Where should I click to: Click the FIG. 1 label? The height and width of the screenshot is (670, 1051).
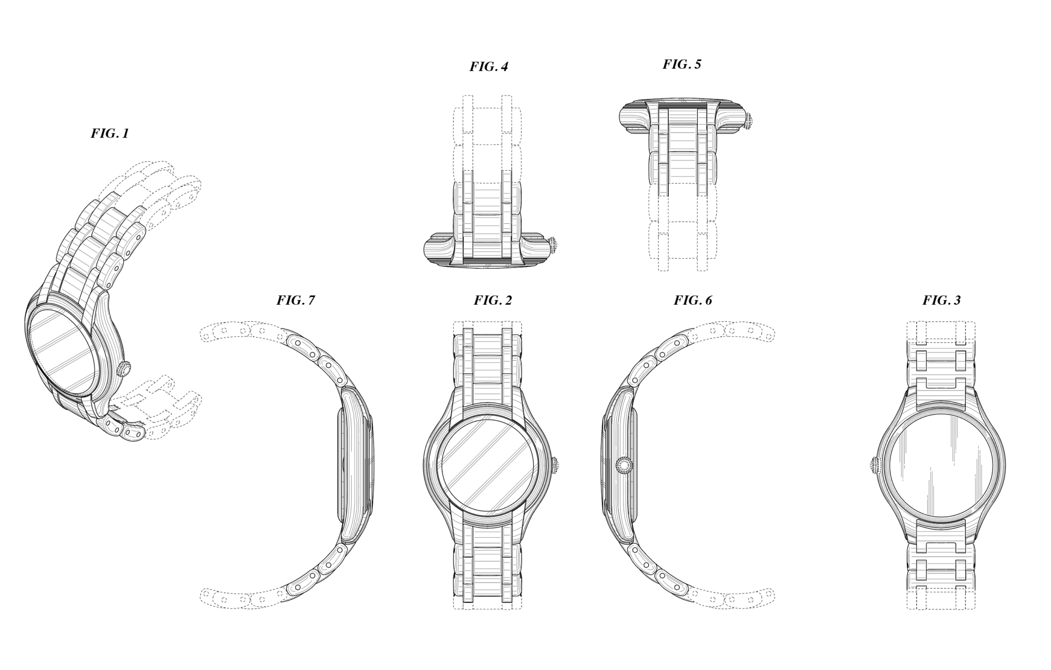[x=110, y=133]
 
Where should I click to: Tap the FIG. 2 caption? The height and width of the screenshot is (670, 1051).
[x=493, y=300]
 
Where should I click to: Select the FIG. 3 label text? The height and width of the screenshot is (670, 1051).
[x=942, y=300]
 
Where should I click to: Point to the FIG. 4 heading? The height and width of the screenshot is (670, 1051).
[x=489, y=67]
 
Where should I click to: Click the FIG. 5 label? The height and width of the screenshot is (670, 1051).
[x=682, y=64]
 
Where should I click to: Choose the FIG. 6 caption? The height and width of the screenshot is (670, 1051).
[x=693, y=300]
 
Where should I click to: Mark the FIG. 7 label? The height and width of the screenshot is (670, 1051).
[x=296, y=300]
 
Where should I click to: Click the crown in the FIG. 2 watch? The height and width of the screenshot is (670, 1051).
[x=555, y=466]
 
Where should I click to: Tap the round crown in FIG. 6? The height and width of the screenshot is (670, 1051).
[x=624, y=465]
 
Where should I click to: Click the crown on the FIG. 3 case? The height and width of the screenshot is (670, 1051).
[x=874, y=466]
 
